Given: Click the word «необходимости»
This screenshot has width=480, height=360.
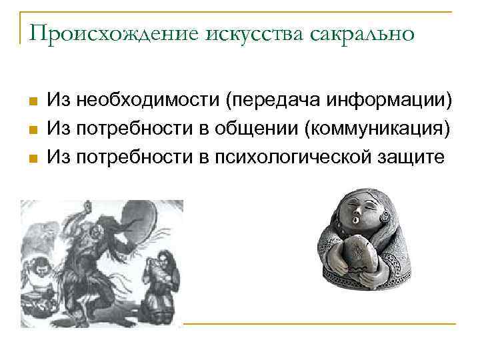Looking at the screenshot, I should coord(148,101).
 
